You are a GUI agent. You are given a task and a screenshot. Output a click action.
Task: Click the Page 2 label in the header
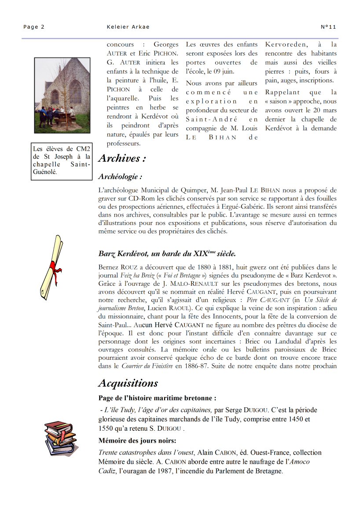[34, 27]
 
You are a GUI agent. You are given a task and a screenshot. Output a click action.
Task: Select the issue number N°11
[328, 27]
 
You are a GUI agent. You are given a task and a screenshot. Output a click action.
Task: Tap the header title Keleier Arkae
[128, 27]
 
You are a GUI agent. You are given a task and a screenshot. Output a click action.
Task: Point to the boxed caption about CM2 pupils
[62, 161]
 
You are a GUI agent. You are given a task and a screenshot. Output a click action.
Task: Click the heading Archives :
[122, 158]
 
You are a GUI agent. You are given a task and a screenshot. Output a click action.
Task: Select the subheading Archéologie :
[120, 177]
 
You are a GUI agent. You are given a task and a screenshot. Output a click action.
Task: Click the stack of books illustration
[61, 437]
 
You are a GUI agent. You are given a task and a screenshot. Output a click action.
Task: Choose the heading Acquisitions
[128, 383]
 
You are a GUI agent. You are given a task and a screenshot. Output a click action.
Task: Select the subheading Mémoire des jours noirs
[137, 441]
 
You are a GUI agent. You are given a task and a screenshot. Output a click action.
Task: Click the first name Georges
[166, 44]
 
